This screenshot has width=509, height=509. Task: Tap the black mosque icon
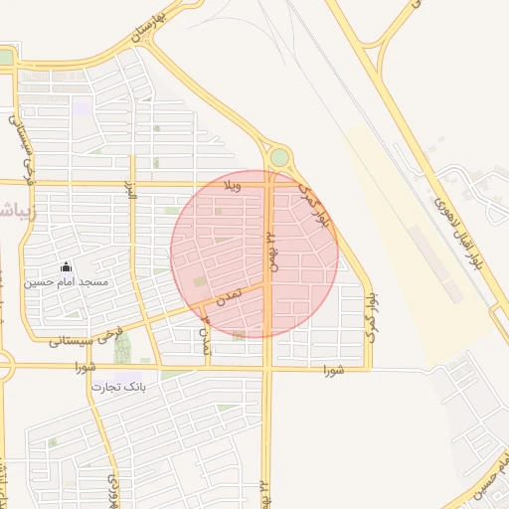tap(67, 266)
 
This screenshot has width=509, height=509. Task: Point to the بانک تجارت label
tap(118, 386)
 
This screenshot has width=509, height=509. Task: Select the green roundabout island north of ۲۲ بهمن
tap(279, 157)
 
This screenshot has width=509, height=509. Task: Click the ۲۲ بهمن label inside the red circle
tap(270, 253)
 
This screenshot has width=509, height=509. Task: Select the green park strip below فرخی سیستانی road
tap(122, 349)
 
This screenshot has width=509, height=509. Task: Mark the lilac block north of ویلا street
tap(81, 106)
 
